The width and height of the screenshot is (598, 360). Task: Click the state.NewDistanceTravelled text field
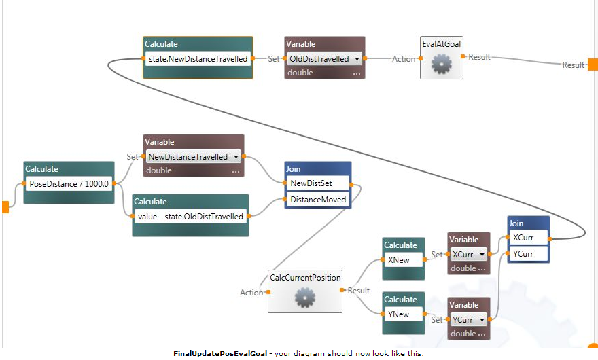(x=198, y=59)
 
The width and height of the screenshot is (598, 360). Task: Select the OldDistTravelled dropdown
(x=324, y=59)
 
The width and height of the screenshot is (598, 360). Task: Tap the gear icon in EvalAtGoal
(x=441, y=65)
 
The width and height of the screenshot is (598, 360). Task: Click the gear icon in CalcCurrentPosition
(x=304, y=297)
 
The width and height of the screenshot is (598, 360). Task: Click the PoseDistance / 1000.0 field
(x=69, y=183)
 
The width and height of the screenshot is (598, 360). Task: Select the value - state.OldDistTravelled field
(x=190, y=217)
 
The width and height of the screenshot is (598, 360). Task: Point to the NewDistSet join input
(x=317, y=183)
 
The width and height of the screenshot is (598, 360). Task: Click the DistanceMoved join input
(x=317, y=200)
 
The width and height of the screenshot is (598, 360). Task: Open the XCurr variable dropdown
(x=469, y=255)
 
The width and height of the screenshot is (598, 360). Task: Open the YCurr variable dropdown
(x=469, y=320)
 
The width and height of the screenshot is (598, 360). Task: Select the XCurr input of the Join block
(x=528, y=238)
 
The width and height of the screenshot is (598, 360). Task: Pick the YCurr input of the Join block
(x=528, y=254)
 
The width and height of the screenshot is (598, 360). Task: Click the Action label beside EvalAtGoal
(x=404, y=59)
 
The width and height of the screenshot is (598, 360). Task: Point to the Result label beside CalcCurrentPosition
(x=359, y=291)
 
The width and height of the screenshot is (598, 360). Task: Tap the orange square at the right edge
(x=593, y=65)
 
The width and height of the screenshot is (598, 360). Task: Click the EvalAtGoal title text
(x=441, y=44)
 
